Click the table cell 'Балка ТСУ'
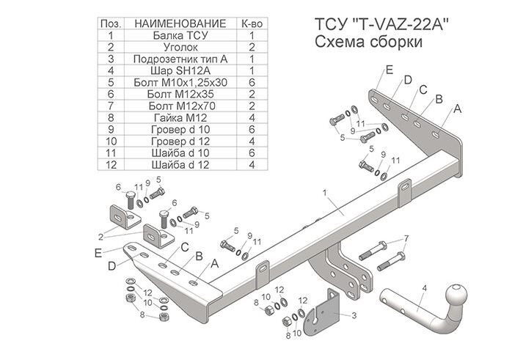click(180, 35)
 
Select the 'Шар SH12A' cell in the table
click(180, 70)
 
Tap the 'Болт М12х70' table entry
click(180, 106)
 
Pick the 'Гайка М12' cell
click(180, 117)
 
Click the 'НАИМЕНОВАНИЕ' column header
click(180, 23)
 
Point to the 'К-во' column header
click(252, 23)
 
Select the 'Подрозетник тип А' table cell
click(180, 59)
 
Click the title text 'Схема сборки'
click(367, 42)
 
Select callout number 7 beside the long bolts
click(406, 239)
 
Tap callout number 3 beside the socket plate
click(355, 315)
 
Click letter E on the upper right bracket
click(390, 70)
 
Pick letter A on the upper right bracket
click(458, 109)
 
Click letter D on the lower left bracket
click(111, 265)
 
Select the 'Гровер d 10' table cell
click(180, 129)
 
